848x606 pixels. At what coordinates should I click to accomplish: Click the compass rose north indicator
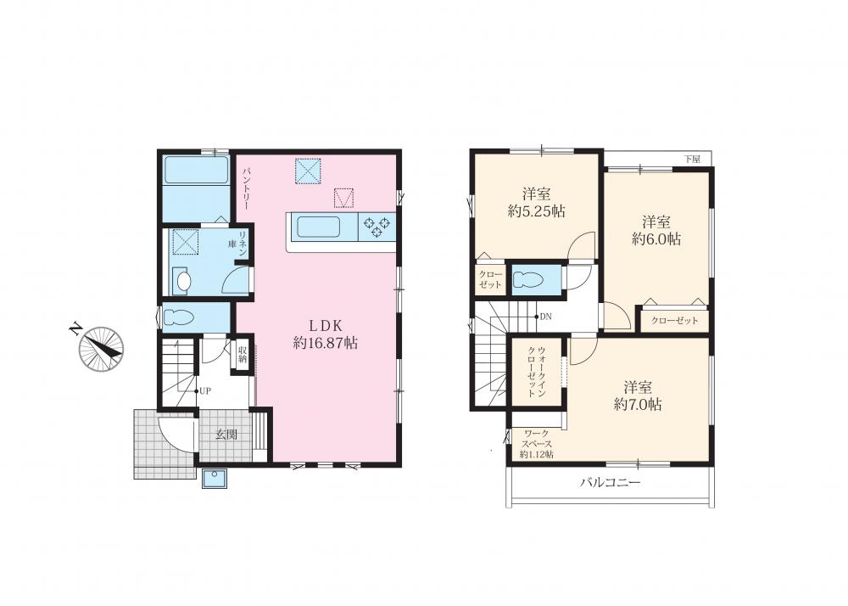coord(101,349)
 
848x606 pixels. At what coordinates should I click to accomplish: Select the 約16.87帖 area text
coord(326,343)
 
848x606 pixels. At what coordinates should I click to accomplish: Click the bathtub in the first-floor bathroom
coord(197,170)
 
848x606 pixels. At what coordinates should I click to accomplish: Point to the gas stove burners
coord(377,227)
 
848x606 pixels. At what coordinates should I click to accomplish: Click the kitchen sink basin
coord(319,227)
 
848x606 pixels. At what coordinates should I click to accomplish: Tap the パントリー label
coord(245,188)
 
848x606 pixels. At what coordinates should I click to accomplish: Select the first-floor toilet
coord(179,317)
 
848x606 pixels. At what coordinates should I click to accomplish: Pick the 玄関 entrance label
coord(226,434)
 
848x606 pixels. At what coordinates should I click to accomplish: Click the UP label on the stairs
coord(205,390)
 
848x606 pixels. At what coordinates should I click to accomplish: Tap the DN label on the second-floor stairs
coord(545,317)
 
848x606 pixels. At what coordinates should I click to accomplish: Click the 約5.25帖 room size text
coord(537,211)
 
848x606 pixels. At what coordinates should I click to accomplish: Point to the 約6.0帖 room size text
coord(656,238)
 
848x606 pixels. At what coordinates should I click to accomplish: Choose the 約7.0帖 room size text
coord(638,404)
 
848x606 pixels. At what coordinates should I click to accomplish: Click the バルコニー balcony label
coord(611,482)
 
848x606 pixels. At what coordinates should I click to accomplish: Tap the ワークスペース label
coord(537,439)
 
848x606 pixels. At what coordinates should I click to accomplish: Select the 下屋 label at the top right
coord(692,159)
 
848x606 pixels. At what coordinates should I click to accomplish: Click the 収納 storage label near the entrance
coord(243,354)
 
